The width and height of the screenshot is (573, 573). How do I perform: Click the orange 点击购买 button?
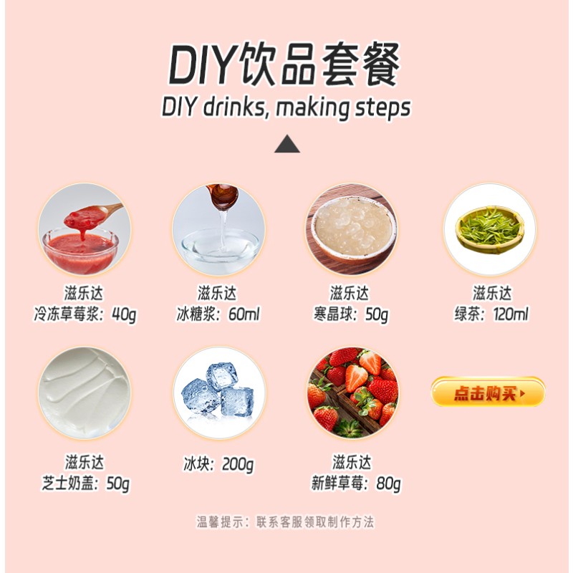[x=488, y=393]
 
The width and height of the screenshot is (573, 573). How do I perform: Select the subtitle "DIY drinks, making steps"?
[x=286, y=107]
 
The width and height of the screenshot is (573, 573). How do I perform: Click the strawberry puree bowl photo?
[x=85, y=229]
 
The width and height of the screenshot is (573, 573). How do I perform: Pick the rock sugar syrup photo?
[x=218, y=229]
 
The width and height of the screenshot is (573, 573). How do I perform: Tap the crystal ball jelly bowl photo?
[x=351, y=229]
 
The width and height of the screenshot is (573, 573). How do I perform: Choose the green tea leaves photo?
[x=489, y=229]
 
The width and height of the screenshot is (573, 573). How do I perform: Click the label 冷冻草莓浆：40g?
[x=85, y=314]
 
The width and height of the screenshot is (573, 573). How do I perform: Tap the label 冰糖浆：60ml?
[x=218, y=314]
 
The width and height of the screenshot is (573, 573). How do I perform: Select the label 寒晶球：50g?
[x=351, y=314]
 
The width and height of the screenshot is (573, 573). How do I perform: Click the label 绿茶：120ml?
[x=491, y=314]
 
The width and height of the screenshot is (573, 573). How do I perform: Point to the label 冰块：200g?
[x=218, y=465]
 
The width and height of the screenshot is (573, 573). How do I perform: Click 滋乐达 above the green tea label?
[x=491, y=294]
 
